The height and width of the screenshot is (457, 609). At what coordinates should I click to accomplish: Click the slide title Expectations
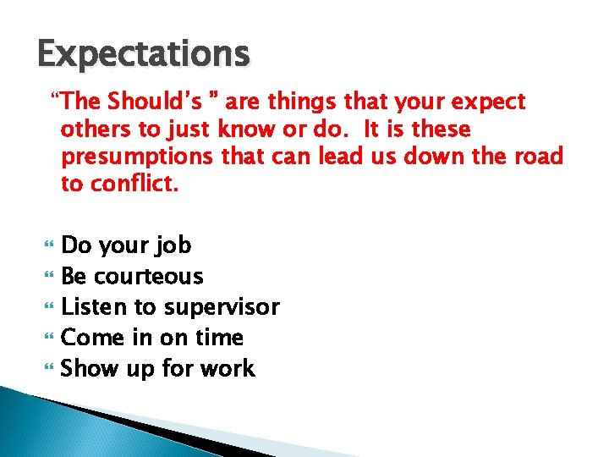click(144, 54)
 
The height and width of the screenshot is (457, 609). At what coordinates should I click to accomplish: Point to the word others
click(94, 129)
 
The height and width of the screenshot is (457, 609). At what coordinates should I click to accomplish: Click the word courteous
click(149, 277)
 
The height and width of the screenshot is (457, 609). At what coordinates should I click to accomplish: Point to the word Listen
click(91, 307)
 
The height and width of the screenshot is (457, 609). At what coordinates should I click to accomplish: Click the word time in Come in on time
click(218, 338)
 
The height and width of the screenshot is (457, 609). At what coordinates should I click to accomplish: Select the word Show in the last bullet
click(91, 368)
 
